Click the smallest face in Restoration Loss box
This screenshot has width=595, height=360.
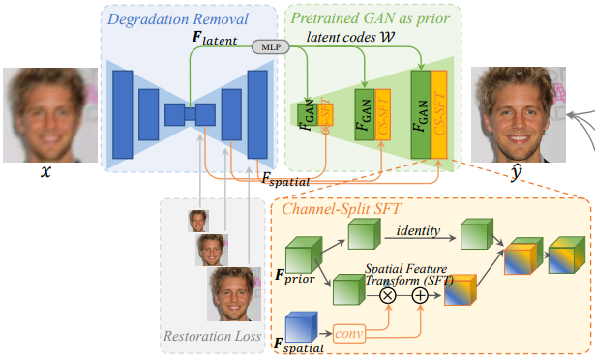click(x=198, y=221)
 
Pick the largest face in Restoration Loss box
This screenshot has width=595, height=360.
click(x=234, y=294)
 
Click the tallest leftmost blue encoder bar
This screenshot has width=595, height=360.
click(x=123, y=113)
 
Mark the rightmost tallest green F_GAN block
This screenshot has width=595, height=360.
click(x=421, y=113)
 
